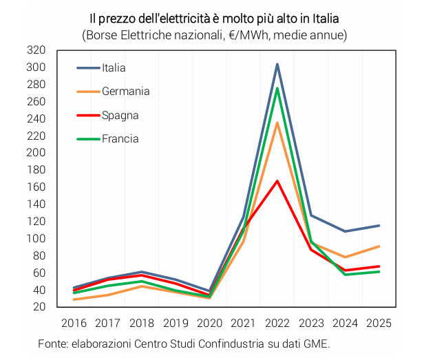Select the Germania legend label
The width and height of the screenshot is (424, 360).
pyautogui.click(x=125, y=91)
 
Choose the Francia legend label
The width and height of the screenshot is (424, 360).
pyautogui.click(x=120, y=138)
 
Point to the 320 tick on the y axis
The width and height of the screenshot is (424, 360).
pyautogui.click(x=36, y=50)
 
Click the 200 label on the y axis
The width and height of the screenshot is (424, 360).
pyautogui.click(x=36, y=153)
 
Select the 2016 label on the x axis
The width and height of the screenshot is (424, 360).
pyautogui.click(x=74, y=323)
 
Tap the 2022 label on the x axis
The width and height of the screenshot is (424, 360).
pyautogui.click(x=277, y=323)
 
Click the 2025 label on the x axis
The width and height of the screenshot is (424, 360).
pyautogui.click(x=379, y=323)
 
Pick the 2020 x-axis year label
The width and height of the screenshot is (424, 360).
pyautogui.click(x=209, y=323)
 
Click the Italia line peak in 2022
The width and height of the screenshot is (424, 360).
pyautogui.click(x=277, y=64)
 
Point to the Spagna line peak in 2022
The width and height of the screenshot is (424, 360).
pyautogui.click(x=277, y=181)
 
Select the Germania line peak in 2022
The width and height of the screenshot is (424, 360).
pyautogui.click(x=277, y=123)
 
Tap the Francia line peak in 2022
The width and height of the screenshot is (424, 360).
pyautogui.click(x=277, y=88)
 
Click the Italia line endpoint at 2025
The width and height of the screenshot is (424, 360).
pyautogui.click(x=379, y=226)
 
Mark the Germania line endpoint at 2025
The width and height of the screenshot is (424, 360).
pyautogui.click(x=379, y=246)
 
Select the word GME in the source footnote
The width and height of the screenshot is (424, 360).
pyautogui.click(x=317, y=343)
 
